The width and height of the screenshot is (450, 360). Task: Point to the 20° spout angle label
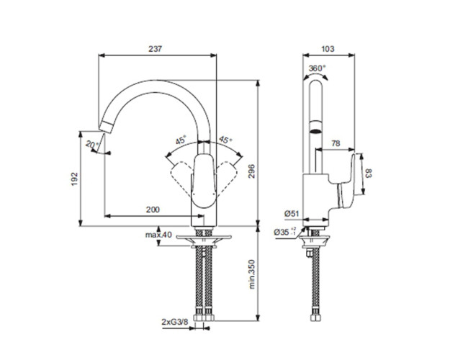pyautogui.click(x=91, y=144)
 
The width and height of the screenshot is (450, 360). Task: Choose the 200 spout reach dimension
pyautogui.click(x=152, y=210)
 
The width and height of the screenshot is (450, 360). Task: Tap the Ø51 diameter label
pyautogui.click(x=292, y=213)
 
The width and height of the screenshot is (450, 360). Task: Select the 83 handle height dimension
pyautogui.click(x=369, y=174)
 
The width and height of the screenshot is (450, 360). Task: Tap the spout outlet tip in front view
pyautogui.click(x=107, y=130)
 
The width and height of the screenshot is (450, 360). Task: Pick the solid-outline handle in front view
pyautogui.click(x=203, y=176)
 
